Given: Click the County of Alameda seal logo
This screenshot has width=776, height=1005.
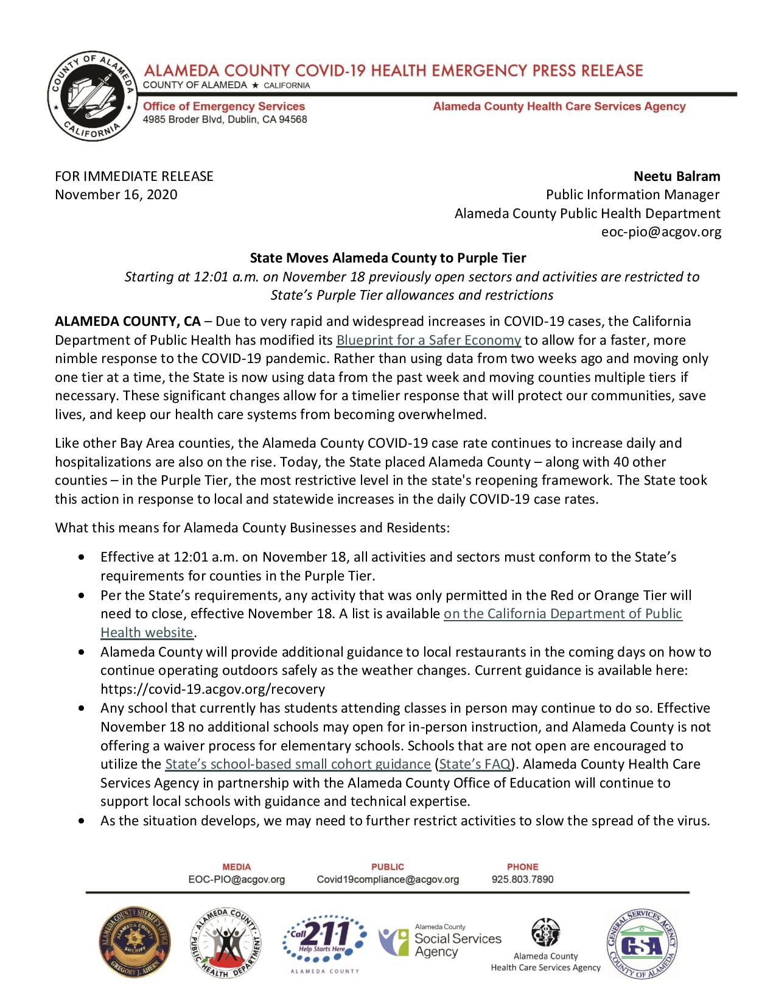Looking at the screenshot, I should (93, 96).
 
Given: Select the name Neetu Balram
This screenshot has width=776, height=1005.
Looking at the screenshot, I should (677, 177).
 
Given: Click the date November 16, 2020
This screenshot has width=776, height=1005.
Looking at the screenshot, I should (116, 195).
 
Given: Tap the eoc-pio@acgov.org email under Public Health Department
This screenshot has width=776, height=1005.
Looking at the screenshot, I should (661, 232).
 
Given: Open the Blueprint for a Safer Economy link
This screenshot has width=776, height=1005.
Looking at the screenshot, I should (428, 340).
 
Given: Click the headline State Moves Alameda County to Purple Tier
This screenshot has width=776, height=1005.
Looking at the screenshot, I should (388, 258).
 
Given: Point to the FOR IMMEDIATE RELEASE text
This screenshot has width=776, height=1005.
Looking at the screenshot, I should (134, 177).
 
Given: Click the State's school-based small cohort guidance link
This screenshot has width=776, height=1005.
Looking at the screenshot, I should (298, 764).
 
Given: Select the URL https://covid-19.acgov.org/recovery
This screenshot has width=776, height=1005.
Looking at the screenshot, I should (212, 689).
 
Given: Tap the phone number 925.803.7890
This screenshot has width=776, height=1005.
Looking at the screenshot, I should (522, 880).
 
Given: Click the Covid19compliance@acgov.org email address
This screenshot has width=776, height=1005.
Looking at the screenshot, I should (388, 880).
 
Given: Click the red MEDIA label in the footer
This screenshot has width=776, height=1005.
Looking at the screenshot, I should (237, 867).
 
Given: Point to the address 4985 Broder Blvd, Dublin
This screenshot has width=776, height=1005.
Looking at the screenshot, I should (225, 119).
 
